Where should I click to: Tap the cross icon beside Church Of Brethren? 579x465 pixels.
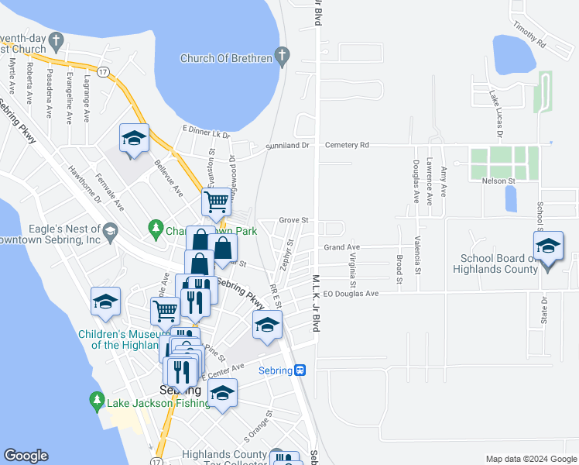(x=283, y=56)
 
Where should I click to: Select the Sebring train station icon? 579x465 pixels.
(x=300, y=370)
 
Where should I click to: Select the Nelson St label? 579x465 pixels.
(x=500, y=181)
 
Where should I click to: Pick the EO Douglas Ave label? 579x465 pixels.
(x=351, y=294)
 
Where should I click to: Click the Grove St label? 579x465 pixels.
(x=294, y=220)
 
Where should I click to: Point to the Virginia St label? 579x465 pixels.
(x=352, y=267)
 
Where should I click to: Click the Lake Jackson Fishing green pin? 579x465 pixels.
(x=97, y=399)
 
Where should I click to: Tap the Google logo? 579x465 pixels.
(x=26, y=455)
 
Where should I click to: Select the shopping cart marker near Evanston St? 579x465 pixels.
(x=217, y=202)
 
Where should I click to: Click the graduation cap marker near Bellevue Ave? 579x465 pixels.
(x=134, y=139)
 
